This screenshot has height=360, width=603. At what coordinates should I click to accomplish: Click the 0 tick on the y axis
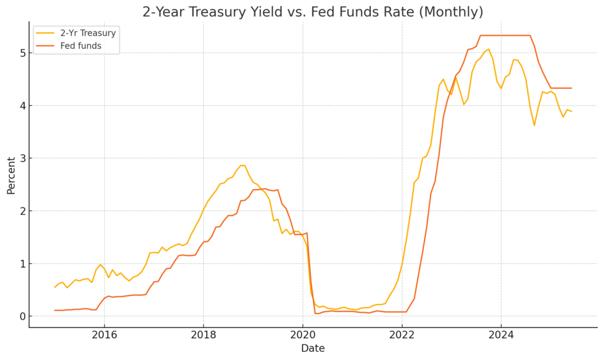[21, 316]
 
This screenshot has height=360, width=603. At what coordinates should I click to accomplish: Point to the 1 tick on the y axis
[21, 264]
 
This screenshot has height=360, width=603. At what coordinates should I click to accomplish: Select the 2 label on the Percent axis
[21, 211]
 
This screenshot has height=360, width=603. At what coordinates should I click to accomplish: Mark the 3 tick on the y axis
[21, 158]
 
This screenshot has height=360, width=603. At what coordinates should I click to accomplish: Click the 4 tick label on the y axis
[21, 106]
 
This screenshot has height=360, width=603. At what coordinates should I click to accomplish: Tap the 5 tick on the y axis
[21, 53]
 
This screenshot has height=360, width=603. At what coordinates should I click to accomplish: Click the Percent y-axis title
[11, 174]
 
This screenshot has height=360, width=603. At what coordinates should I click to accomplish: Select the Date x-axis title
[313, 349]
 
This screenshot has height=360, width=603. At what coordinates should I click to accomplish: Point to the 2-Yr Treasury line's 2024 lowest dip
[534, 125]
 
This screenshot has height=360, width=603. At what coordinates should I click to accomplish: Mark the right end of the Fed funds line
[571, 88]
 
